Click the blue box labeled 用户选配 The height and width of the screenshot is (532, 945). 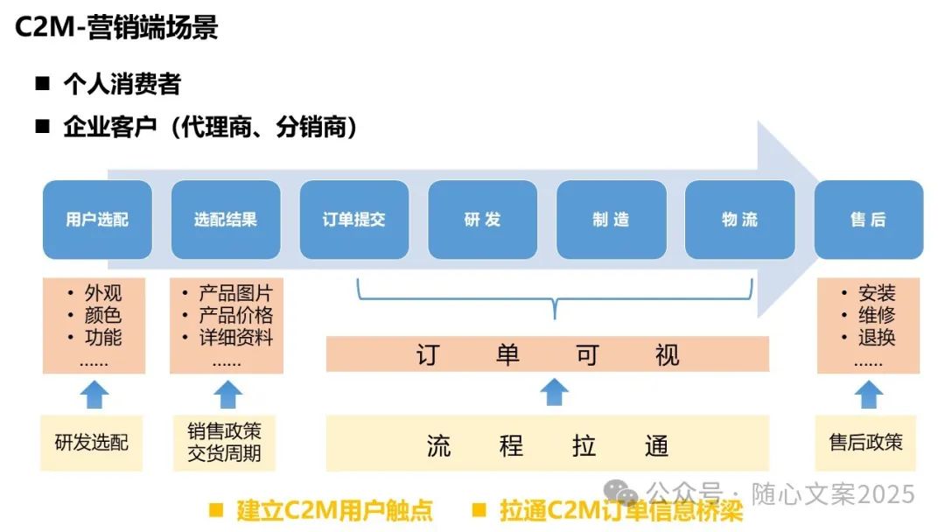[97, 220]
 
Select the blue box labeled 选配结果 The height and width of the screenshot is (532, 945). [226, 220]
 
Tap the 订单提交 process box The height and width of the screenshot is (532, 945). [354, 220]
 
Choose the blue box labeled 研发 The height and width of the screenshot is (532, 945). [482, 220]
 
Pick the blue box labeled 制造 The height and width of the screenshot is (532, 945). [611, 220]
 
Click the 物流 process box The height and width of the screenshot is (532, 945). [739, 220]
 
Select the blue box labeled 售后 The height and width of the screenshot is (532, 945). [868, 220]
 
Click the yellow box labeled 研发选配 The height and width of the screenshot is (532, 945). [92, 443]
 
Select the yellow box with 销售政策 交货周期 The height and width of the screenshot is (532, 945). [225, 443]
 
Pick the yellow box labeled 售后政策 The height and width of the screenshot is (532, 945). [866, 443]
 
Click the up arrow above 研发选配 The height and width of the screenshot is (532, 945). [94, 395]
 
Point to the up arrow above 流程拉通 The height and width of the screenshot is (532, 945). [554, 391]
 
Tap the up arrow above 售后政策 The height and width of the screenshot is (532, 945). [868, 395]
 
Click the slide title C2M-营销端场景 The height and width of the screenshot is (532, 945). [116, 28]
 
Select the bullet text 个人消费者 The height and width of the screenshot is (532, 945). [122, 84]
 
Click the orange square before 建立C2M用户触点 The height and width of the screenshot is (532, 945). [215, 510]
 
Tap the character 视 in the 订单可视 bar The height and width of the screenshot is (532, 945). [667, 354]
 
